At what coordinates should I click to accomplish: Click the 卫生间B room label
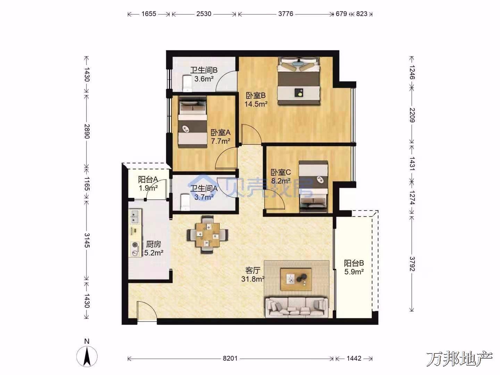pyautogui.click(x=203, y=70)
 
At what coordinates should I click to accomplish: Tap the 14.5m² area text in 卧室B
pyautogui.click(x=256, y=104)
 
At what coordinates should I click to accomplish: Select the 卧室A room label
pyautogui.click(x=220, y=132)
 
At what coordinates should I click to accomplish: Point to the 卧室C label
pyautogui.click(x=281, y=172)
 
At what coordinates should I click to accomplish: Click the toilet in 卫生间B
pyautogui.click(x=187, y=84)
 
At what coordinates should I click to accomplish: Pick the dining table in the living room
pyautogui.click(x=208, y=235)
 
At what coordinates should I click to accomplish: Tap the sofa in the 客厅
pyautogui.click(x=297, y=307)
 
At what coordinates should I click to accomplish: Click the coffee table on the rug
pyautogui.click(x=296, y=280)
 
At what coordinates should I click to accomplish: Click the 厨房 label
pyautogui.click(x=153, y=244)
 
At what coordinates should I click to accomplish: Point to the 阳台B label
pyautogui.click(x=354, y=263)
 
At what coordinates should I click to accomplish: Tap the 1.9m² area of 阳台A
pyautogui.click(x=148, y=188)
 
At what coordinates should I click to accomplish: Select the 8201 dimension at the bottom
pyautogui.click(x=230, y=358)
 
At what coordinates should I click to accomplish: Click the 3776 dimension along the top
pyautogui.click(x=286, y=14)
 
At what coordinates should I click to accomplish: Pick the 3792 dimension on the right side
pyautogui.click(x=412, y=264)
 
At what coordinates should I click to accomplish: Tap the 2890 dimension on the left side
pyautogui.click(x=87, y=131)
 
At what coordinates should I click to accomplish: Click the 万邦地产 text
pyautogui.click(x=459, y=359)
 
